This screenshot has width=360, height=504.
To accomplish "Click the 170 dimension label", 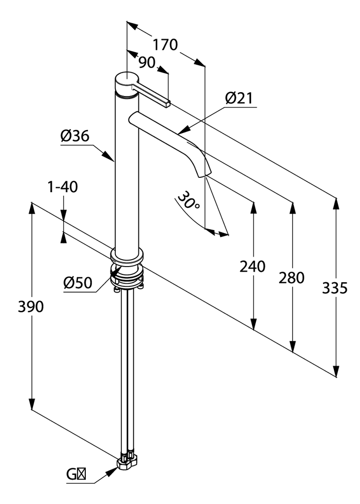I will click(x=165, y=45).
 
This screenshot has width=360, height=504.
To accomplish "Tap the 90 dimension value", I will click(x=147, y=63).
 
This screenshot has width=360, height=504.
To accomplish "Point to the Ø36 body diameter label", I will click(x=75, y=136).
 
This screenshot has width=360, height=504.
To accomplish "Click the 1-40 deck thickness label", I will click(x=63, y=187).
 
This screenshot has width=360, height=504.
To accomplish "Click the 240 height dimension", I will click(x=252, y=267).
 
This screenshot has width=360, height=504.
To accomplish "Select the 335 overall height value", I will click(x=335, y=288).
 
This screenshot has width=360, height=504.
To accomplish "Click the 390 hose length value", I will click(x=31, y=306).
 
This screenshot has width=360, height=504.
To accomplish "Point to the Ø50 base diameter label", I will click(x=78, y=283).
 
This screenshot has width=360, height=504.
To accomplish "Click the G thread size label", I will click(x=76, y=474).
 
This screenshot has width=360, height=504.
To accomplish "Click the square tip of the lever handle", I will click(x=168, y=103).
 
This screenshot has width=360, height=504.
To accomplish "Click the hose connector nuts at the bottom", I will click(x=127, y=463).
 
